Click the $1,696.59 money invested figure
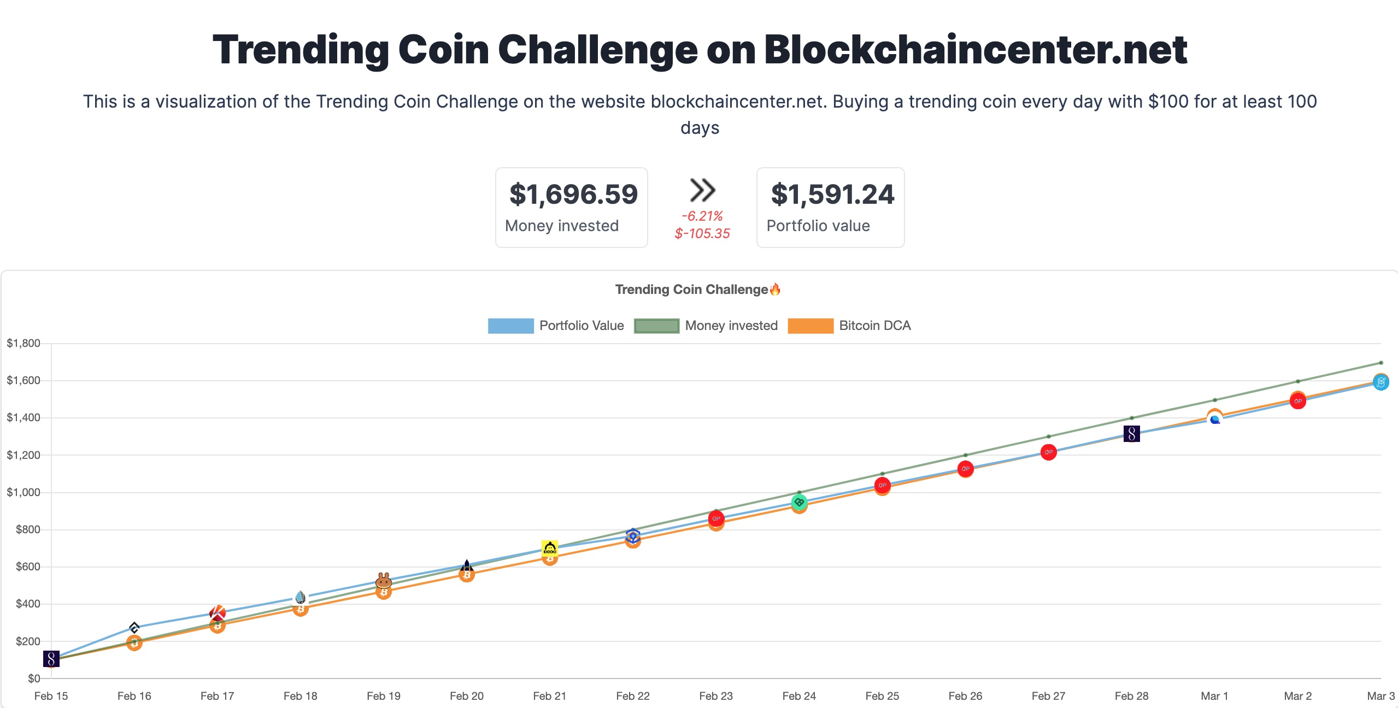573,195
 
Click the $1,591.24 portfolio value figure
832,195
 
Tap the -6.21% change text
702,216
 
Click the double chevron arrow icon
702,190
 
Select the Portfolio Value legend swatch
510,326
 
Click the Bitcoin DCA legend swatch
810,326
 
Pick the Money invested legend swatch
656,326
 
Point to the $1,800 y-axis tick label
24,343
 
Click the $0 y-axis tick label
34,678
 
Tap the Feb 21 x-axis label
549,696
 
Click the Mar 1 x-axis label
1214,696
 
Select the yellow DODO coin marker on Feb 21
550,548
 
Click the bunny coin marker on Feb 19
384,580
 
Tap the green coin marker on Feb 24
799,501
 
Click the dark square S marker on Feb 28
1131,434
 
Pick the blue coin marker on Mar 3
1381,382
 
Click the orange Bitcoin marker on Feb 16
134,643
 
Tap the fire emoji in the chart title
775,290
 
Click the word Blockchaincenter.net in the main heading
975,49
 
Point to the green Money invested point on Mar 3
1381,363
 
